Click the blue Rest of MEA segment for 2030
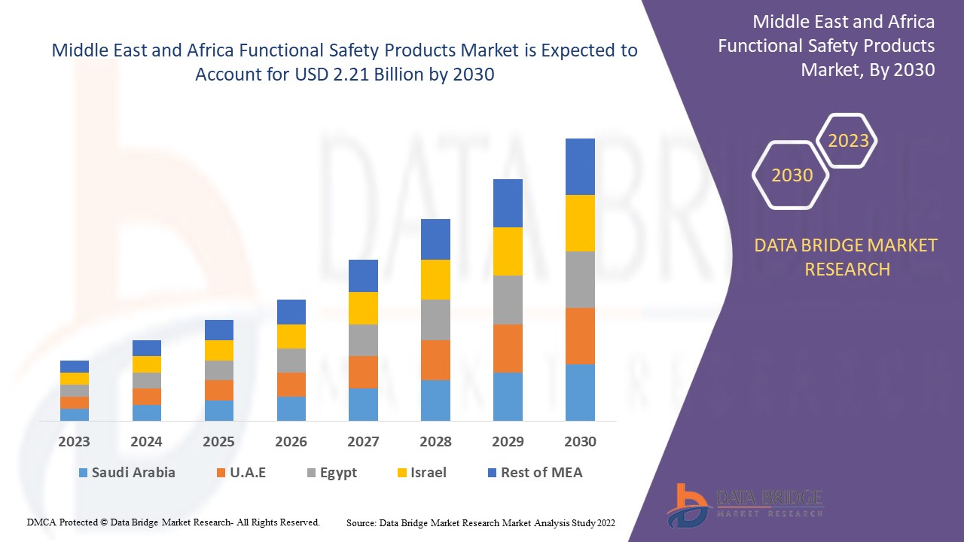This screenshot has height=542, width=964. click(x=580, y=166)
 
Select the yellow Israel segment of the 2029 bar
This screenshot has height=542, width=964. click(x=508, y=251)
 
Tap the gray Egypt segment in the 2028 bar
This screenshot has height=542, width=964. click(x=435, y=319)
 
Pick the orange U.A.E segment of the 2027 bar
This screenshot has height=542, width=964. click(x=363, y=372)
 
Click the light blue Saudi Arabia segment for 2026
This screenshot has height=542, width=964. click(x=291, y=408)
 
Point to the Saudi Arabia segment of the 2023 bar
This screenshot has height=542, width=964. click(x=75, y=414)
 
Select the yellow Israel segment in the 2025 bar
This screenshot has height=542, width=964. click(x=219, y=350)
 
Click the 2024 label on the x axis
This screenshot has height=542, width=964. click(x=146, y=441)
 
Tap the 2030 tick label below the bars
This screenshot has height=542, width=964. click(x=580, y=441)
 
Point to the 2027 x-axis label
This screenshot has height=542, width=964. click(x=363, y=441)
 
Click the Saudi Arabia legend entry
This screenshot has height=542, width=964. click(x=127, y=473)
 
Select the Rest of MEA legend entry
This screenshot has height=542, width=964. click(x=535, y=473)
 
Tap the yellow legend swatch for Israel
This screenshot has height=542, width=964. click(x=402, y=473)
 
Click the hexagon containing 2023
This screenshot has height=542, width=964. click(x=848, y=141)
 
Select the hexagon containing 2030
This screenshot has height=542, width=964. click(x=792, y=175)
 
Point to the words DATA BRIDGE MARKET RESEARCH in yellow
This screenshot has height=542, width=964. click(x=847, y=257)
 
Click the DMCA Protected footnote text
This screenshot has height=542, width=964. click(x=173, y=522)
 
